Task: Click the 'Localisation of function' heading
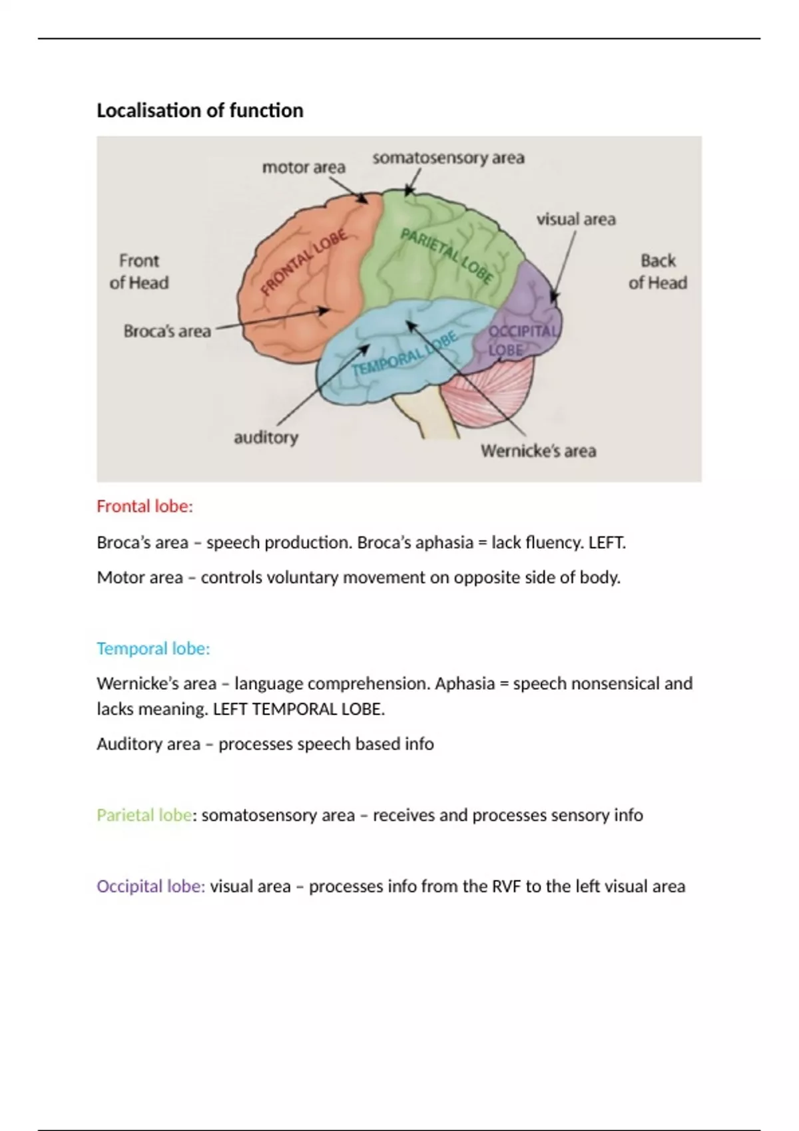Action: point(200,110)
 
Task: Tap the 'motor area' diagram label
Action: point(304,168)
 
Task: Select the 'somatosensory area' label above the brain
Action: point(448,158)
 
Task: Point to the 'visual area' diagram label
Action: point(576,220)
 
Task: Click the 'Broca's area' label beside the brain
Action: point(167,331)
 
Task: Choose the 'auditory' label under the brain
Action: point(266,438)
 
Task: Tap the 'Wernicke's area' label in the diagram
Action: point(538,451)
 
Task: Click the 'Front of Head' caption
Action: point(139,271)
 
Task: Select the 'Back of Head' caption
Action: point(658,271)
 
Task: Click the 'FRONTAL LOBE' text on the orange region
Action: point(304,262)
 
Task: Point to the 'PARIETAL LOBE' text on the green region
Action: point(447,255)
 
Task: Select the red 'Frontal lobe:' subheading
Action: point(144,506)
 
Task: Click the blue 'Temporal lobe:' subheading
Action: point(153,649)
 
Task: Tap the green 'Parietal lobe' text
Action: point(144,816)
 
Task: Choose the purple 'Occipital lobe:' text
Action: point(150,887)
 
